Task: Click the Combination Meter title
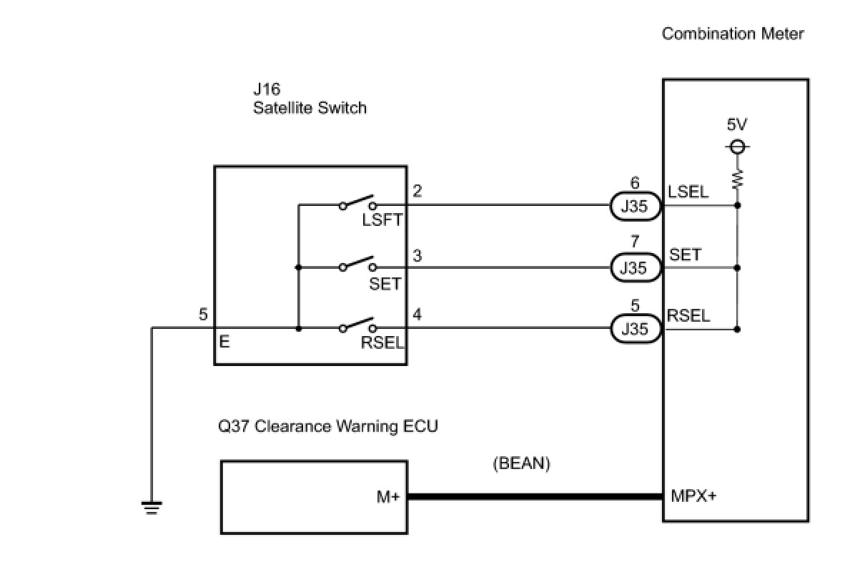coord(733,34)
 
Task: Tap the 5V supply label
coord(737,124)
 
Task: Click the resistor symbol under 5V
coord(737,178)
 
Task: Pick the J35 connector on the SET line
coord(633,267)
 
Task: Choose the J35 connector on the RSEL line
coord(633,329)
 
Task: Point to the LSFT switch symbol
coord(357,202)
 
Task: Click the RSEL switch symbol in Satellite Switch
coord(357,325)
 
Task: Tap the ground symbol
coord(152,508)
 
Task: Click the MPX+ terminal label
coord(693,495)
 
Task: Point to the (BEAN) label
coord(521,463)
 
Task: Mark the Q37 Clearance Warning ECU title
coord(328,427)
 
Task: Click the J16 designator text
coord(266,89)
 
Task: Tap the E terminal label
coord(224,342)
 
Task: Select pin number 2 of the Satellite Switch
coord(417,191)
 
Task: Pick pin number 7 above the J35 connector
coord(634,243)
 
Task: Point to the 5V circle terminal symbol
coord(737,147)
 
